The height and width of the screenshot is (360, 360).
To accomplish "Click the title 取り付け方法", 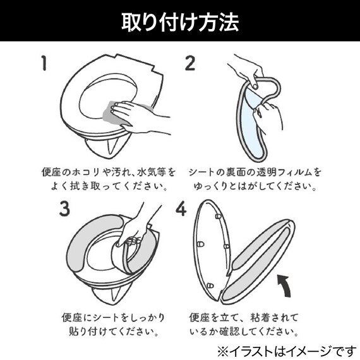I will click(180, 23).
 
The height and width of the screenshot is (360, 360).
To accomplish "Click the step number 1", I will click(44, 63).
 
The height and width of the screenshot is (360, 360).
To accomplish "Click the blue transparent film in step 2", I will click(253, 120).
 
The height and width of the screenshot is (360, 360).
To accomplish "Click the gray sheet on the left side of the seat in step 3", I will click(85, 246).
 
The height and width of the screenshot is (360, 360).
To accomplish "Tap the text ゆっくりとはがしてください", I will click(255, 187).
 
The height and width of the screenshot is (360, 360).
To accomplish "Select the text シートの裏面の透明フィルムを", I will click(255, 172).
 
